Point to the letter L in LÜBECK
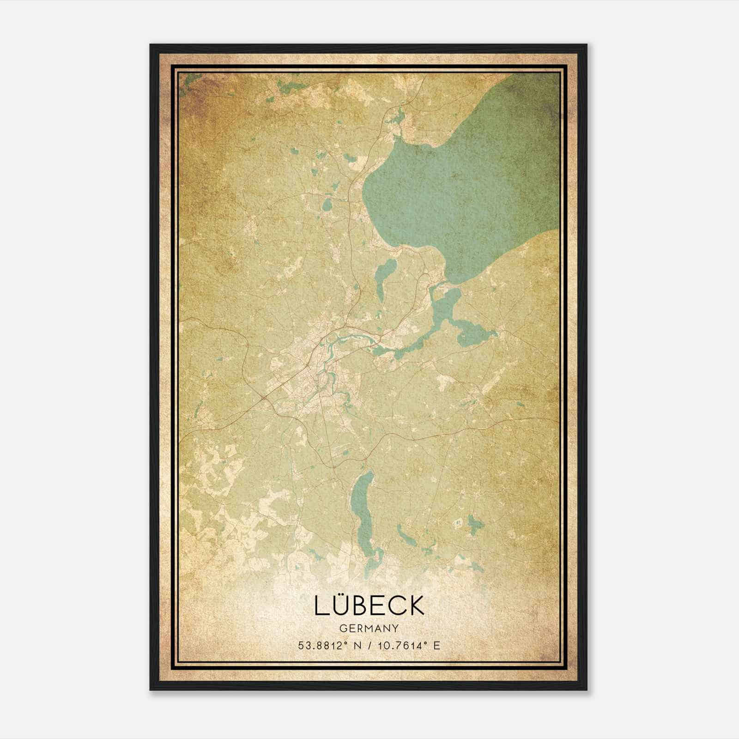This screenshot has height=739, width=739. [x=321, y=606]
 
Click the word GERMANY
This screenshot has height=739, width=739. [x=369, y=628]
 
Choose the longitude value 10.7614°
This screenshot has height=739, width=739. [x=398, y=645]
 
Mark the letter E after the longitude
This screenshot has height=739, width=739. [x=436, y=645]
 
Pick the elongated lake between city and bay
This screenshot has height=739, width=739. [x=382, y=277]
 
